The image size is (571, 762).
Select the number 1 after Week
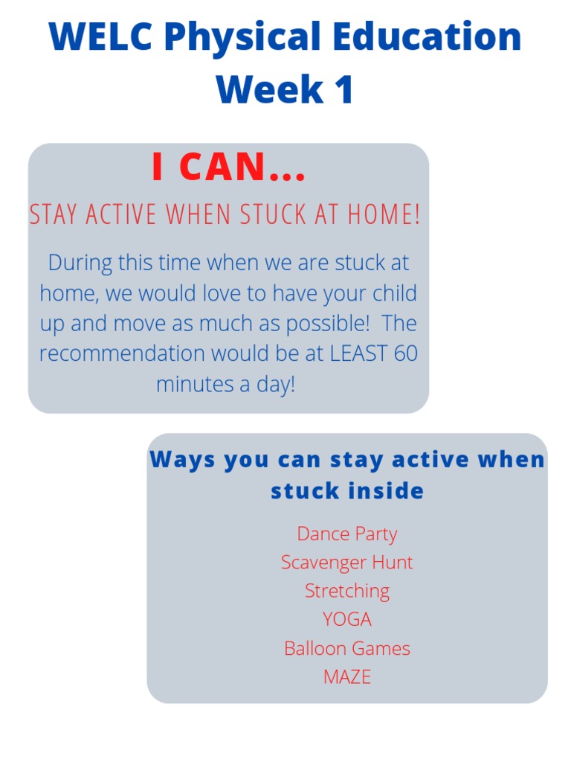343,89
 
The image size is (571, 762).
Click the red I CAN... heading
228,168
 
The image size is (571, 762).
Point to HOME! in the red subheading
384,215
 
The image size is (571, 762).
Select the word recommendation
122,353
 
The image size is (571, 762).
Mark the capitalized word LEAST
358,353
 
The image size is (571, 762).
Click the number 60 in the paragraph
406,353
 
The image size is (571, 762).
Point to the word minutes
192,385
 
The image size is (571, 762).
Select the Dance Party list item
346,534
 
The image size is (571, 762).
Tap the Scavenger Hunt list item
346,563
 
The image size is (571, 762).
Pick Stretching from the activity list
346,591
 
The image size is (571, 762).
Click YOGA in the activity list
346,619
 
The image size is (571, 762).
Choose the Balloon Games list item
346,648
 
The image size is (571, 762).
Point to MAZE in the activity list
346,676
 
